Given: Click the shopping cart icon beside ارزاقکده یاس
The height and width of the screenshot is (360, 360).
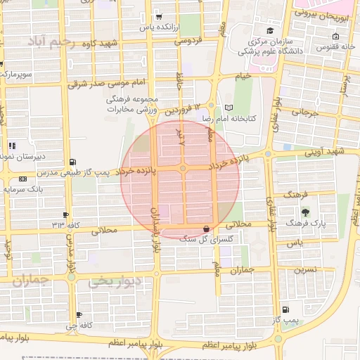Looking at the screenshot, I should point(159,16).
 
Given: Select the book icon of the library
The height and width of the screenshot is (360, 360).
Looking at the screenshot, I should point(229,108).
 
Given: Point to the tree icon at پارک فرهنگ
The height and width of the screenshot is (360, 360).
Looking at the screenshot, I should point(304,212).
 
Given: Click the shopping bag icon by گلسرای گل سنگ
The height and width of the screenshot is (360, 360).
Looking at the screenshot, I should point(206,229).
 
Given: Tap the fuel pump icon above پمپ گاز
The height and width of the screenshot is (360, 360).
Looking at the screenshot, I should point(285,309).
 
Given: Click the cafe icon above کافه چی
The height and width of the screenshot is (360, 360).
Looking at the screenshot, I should point(79,314).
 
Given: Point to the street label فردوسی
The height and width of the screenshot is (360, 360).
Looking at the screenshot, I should point(188,41).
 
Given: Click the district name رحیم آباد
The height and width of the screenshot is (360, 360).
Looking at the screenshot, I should point(51,42).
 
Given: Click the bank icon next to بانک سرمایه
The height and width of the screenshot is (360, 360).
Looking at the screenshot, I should point(23,179).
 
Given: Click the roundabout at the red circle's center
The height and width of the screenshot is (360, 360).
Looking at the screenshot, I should point(183,169).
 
